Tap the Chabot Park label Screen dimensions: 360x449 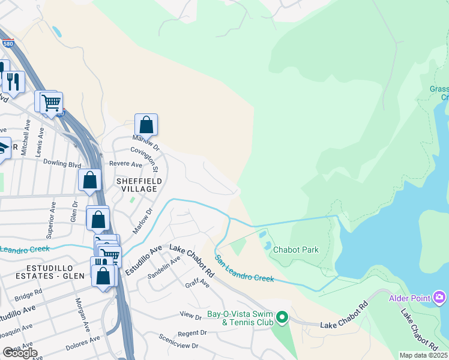coord(295,250)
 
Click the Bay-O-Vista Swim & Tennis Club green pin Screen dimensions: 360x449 coord(282,316)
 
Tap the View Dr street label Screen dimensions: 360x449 coord(190,314)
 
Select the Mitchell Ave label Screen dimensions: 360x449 coord(25,142)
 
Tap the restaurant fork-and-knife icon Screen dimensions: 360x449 coord(13,80)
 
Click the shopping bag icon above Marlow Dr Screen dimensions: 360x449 coord(146,125)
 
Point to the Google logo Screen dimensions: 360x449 coord(20,352)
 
